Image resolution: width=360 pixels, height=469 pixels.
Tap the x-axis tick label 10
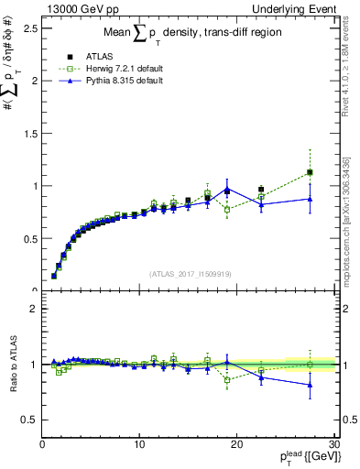[139, 446]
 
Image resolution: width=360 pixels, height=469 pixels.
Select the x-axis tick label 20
[236, 446]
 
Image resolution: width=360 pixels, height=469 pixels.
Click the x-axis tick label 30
[333, 446]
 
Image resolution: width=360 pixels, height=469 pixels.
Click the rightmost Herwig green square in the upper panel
[310, 172]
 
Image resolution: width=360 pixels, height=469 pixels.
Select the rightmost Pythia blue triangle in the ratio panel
[310, 385]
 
